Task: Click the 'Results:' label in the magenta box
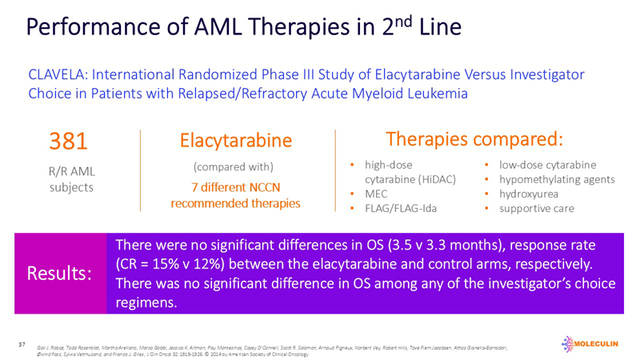59,274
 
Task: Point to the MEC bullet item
378,194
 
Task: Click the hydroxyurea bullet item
530,194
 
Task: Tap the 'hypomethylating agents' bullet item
557,180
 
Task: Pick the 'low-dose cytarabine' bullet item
547,166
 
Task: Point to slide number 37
23,344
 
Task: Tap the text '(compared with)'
234,167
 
